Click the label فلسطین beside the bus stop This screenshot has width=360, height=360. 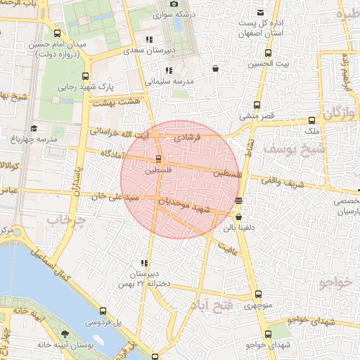pos(157,170)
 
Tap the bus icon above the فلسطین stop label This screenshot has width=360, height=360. pos(157,157)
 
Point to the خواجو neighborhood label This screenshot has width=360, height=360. pos(334,283)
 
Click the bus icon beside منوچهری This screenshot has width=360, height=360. pos(258,295)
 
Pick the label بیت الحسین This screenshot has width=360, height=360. pos(267,64)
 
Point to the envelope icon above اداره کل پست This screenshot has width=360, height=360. pos(261,13)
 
